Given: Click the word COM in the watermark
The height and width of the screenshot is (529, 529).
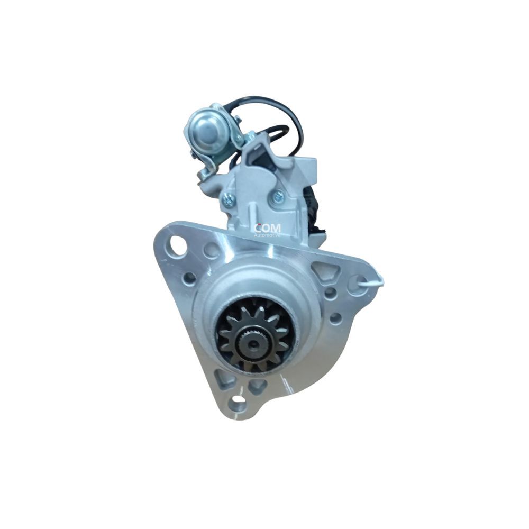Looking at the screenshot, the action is [x=267, y=228].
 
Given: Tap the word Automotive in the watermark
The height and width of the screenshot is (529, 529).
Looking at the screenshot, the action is [x=267, y=235].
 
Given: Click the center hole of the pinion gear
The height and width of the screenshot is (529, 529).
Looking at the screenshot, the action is [x=252, y=343].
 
